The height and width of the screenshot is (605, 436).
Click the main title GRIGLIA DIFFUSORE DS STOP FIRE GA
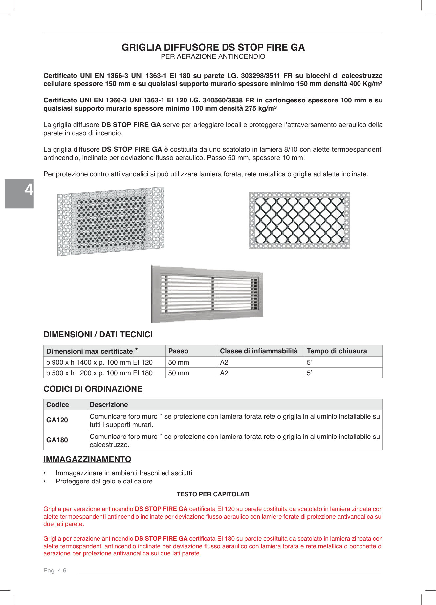pyautogui.click(x=213, y=47)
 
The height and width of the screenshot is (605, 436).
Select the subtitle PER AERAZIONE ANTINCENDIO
pyautogui.click(x=213, y=56)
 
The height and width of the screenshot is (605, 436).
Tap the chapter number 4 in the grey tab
pyautogui.click(x=29, y=190)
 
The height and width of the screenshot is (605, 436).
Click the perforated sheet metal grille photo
pyautogui.click(x=111, y=221)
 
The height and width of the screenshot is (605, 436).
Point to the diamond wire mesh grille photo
pyautogui.click(x=299, y=220)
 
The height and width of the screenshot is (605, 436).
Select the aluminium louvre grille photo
pyautogui.click(x=207, y=294)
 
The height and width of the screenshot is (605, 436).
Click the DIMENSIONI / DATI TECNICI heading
pyautogui.click(x=98, y=334)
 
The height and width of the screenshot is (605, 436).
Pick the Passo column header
pyautogui.click(x=178, y=351)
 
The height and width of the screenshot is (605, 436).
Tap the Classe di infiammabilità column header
pyautogui.click(x=259, y=351)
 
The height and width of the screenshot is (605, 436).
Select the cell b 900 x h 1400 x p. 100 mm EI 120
pyautogui.click(x=99, y=362)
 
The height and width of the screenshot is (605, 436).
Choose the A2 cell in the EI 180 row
pyautogui.click(x=224, y=373)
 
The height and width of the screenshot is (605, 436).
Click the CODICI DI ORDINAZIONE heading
pyautogui.click(x=93, y=389)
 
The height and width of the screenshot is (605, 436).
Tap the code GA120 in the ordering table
pyautogui.click(x=57, y=420)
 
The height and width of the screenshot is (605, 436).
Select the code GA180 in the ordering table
pyautogui.click(x=57, y=440)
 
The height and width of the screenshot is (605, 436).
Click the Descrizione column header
pyautogui.click(x=109, y=405)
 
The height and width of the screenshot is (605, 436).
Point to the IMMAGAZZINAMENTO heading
pyautogui.click(x=87, y=459)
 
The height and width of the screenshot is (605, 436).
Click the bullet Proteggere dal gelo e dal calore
pyautogui.click(x=104, y=481)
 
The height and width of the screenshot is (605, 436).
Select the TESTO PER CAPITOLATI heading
pyautogui.click(x=213, y=494)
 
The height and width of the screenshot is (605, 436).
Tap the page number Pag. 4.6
pyautogui.click(x=55, y=571)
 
